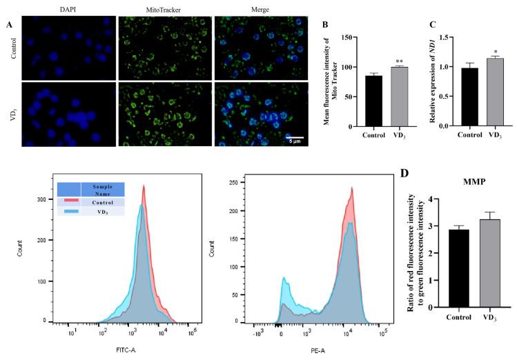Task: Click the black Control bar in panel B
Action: click(354, 100)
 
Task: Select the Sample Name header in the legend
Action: click(102, 190)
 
